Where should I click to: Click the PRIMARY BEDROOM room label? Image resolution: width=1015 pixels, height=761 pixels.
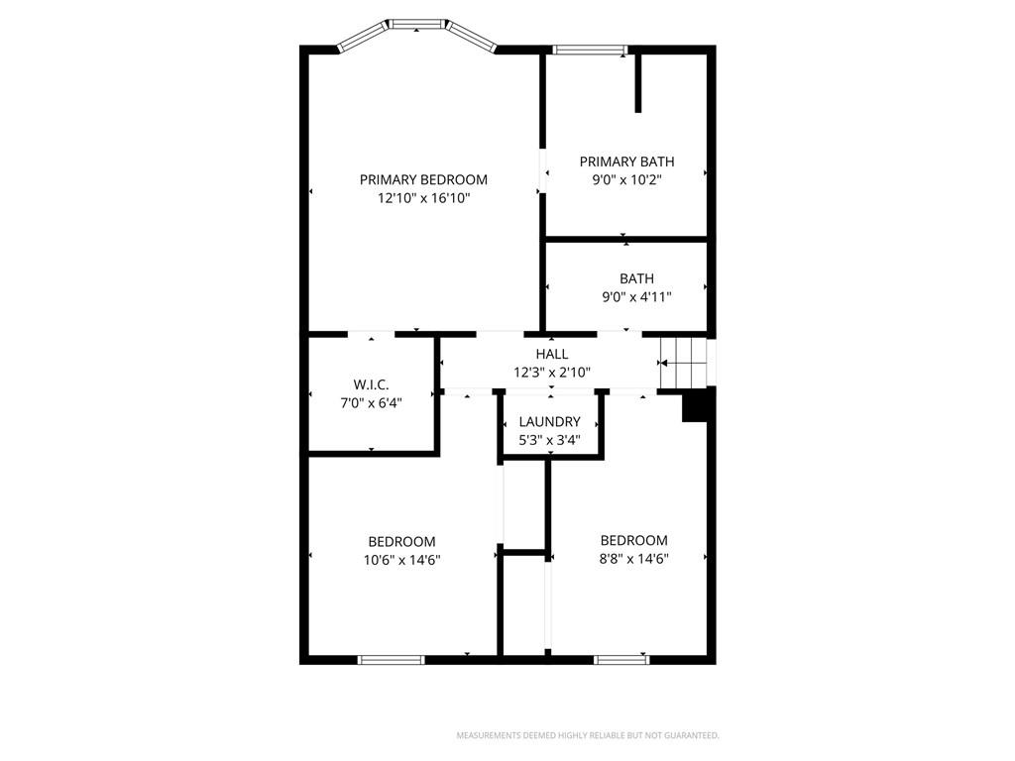point(423,180)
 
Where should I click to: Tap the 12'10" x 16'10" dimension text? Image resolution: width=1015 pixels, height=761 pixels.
point(423,198)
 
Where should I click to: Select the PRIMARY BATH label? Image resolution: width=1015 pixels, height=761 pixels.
point(626,162)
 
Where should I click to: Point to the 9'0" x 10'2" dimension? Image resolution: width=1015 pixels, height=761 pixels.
point(626,180)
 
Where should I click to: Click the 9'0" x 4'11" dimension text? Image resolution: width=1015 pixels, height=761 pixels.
point(636,297)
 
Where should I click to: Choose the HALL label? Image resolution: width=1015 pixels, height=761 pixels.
point(551,354)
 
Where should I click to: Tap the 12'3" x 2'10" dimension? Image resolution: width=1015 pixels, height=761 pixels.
point(551,373)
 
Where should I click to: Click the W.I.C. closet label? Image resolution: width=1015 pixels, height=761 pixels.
point(371,384)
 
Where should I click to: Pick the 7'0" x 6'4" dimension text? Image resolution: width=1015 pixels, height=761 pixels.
point(371,402)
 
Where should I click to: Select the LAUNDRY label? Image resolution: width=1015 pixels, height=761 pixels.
point(549,422)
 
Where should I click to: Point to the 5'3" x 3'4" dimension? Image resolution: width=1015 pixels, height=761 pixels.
point(549,440)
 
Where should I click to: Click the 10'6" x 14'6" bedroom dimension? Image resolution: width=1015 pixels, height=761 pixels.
point(402,560)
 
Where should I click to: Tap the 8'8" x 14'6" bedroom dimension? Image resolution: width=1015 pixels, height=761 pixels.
point(633,559)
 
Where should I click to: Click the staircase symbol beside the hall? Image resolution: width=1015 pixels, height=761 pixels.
point(684,363)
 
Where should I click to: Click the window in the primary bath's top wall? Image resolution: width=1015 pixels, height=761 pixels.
point(591,50)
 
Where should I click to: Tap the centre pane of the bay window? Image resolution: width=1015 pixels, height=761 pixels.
point(417,25)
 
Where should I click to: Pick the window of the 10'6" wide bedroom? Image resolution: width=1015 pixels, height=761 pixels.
point(391,659)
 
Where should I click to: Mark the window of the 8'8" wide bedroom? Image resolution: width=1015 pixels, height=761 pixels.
point(621,659)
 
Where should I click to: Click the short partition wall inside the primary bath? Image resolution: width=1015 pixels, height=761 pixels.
point(637,83)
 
